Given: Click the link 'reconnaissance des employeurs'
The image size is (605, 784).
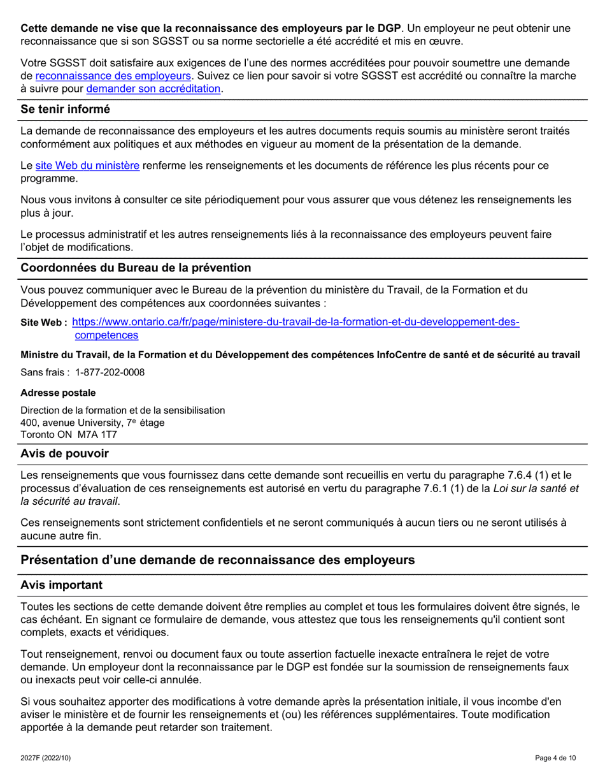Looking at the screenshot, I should coord(113,76).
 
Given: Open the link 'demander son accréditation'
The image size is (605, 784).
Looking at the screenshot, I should coord(153,89).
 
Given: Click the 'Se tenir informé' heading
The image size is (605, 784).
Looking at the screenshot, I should coord(65,110).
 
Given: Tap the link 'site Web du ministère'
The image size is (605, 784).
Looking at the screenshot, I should coord(87,166).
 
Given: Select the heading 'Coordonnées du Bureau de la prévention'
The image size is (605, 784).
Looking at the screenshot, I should coord(136,268).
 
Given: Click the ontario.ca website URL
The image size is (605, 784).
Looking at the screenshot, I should coord(296,323).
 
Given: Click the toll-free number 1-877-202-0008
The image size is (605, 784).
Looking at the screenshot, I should coord(110,372).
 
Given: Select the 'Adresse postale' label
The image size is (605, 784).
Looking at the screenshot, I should coord(58,393).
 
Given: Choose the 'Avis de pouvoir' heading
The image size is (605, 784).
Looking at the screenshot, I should coord(64,454).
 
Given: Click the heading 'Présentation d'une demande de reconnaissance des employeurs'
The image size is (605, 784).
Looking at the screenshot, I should coord(218,560).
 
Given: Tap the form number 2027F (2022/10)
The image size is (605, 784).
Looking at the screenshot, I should coord(45,758).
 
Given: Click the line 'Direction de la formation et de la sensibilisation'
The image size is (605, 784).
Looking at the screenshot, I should coord(122,410).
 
